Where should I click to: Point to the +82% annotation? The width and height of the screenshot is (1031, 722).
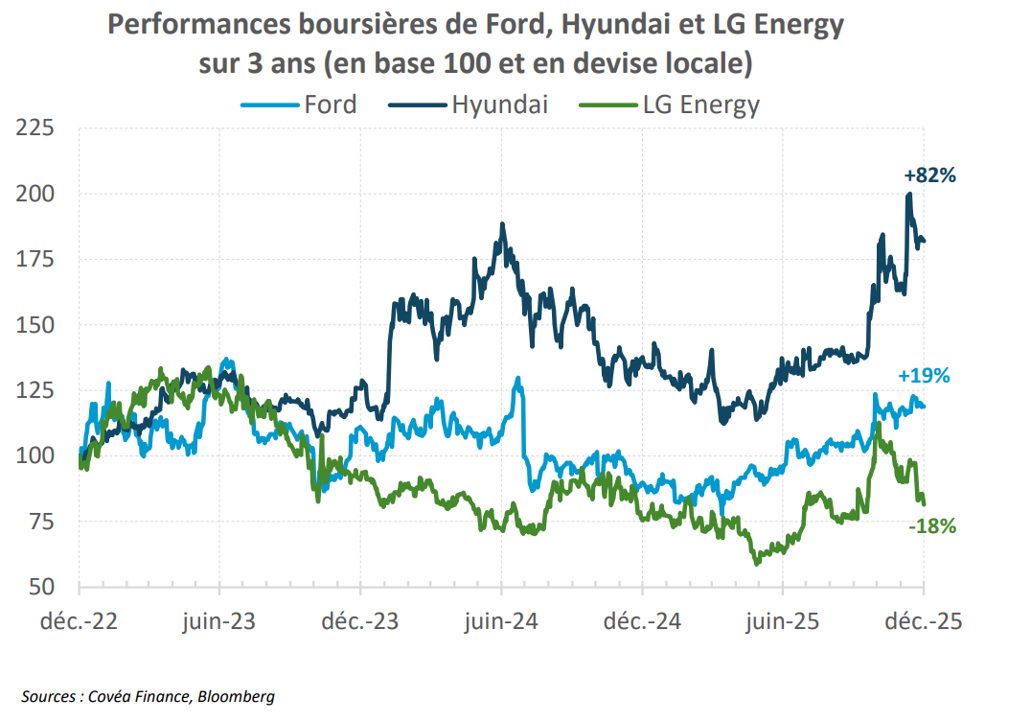pyautogui.click(x=930, y=175)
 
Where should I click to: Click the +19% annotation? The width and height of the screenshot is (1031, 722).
pyautogui.click(x=924, y=376)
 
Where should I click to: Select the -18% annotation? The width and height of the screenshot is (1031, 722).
pyautogui.click(x=930, y=525)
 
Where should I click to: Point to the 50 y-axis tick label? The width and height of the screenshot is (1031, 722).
pyautogui.click(x=39, y=586)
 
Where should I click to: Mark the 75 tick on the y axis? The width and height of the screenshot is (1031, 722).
pyautogui.click(x=39, y=521)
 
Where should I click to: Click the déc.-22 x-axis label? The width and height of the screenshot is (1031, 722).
pyautogui.click(x=79, y=622)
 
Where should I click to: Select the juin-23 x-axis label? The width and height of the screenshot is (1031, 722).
pyautogui.click(x=219, y=622)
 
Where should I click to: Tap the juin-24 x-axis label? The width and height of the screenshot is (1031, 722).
pyautogui.click(x=501, y=622)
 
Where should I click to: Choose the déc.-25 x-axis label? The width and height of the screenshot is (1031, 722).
pyautogui.click(x=924, y=622)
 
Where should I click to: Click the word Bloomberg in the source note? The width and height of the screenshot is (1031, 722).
pyautogui.click(x=236, y=696)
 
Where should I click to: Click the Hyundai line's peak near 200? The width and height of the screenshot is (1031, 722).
pyautogui.click(x=908, y=195)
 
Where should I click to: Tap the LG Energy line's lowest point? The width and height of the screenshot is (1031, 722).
pyautogui.click(x=757, y=563)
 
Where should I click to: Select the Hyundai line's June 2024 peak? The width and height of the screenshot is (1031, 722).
pyautogui.click(x=502, y=224)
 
